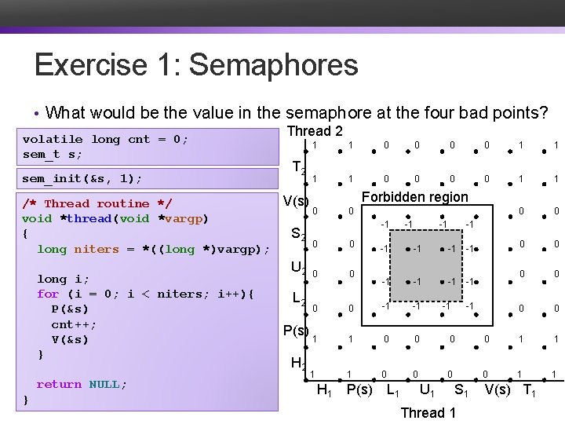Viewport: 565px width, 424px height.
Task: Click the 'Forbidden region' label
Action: pyautogui.click(x=414, y=197)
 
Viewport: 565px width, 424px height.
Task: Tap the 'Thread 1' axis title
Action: pyautogui.click(x=428, y=412)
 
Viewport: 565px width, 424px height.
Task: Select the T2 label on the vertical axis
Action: pyautogui.click(x=298, y=167)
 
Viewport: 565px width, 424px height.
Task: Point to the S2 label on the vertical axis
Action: pyautogui.click(x=298, y=234)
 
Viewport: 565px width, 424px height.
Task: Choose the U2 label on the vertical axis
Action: pyautogui.click(x=298, y=267)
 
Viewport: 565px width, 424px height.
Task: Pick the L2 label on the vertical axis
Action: pyautogui.click(x=298, y=299)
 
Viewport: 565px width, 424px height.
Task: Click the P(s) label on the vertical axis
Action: pyautogui.click(x=295, y=331)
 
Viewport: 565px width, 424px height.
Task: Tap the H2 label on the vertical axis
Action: pyautogui.click(x=298, y=363)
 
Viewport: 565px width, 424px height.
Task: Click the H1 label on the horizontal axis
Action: pyautogui.click(x=323, y=389)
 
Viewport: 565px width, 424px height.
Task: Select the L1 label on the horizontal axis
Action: pyautogui.click(x=394, y=389)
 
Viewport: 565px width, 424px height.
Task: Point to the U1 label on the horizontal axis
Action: pyautogui.click(x=428, y=389)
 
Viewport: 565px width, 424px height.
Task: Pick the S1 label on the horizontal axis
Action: pyautogui.click(x=462, y=389)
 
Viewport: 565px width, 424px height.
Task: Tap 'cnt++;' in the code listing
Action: pyautogui.click(x=74, y=324)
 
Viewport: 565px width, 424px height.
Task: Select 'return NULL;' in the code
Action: pyautogui.click(x=81, y=384)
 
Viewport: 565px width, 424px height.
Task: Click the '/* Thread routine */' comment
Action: pyautogui.click(x=97, y=203)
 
